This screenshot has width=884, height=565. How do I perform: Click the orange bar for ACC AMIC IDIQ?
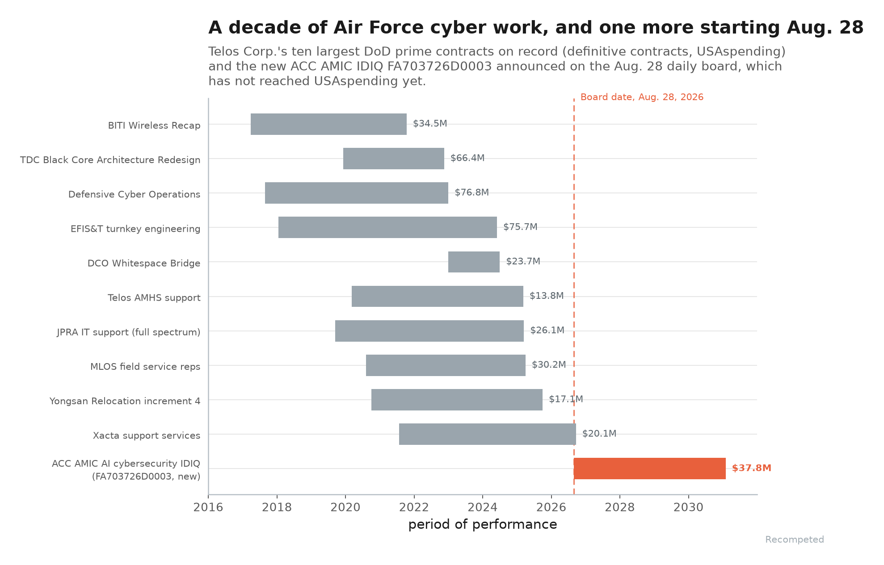tap(649, 469)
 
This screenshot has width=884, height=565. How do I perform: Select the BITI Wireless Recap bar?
tap(328, 124)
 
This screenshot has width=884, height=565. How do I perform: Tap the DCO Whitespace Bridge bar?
tap(474, 262)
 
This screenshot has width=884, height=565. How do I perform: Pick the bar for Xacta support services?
tap(488, 434)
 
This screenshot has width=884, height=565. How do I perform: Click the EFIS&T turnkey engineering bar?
tap(387, 227)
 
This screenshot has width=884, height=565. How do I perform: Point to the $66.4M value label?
tap(467, 158)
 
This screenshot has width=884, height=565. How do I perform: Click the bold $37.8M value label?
tap(752, 468)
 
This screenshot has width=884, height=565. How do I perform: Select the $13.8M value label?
tap(547, 296)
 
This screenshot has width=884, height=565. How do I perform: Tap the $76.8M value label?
tap(472, 193)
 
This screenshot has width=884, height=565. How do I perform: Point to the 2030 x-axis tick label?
tap(689, 507)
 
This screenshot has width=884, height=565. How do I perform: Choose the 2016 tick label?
tap(208, 507)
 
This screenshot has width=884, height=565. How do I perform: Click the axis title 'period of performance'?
tap(483, 524)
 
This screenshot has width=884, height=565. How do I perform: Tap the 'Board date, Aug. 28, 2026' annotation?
tap(642, 97)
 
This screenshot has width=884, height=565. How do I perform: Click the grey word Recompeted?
tap(795, 540)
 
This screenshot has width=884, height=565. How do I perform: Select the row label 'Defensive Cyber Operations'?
tap(134, 194)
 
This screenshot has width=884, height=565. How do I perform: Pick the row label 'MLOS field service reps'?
tap(145, 367)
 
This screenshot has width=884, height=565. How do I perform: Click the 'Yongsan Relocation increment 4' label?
tap(125, 401)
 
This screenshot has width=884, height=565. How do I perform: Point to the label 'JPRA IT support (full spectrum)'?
tap(129, 332)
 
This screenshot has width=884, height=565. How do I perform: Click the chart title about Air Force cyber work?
tap(536, 28)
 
